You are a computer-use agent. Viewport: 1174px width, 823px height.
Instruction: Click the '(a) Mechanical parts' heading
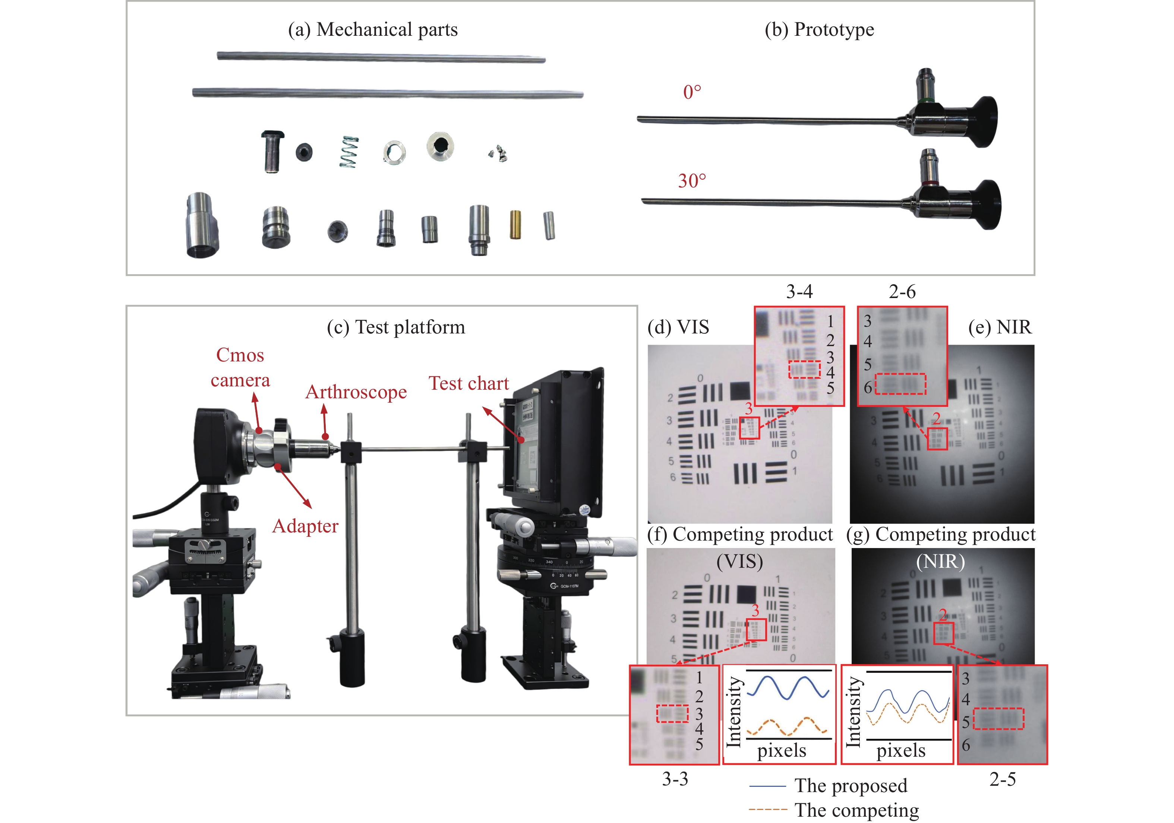(x=373, y=30)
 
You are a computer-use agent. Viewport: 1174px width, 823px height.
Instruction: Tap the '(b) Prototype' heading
(x=819, y=30)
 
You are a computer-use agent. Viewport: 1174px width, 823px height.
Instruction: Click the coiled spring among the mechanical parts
(x=349, y=152)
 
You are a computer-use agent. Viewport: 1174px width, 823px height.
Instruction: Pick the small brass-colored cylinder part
(x=515, y=225)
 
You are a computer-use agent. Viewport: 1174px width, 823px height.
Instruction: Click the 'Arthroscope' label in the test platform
(x=356, y=392)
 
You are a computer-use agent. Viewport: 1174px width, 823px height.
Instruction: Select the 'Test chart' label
(x=468, y=383)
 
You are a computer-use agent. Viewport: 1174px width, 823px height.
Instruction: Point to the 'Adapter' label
(x=305, y=526)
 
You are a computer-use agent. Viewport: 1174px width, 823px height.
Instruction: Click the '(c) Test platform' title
(x=396, y=327)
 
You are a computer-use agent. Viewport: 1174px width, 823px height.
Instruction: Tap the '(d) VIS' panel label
(x=678, y=327)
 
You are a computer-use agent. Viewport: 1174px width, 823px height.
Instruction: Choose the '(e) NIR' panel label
(x=1000, y=327)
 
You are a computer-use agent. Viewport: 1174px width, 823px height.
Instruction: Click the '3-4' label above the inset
(x=799, y=292)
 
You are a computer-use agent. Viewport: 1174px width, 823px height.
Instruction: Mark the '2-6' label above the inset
(x=902, y=292)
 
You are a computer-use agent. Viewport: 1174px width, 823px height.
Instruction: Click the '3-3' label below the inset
(x=675, y=779)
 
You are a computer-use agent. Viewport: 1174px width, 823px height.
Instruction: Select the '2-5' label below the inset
(x=1002, y=779)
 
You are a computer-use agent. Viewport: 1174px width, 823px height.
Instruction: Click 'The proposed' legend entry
(x=851, y=786)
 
